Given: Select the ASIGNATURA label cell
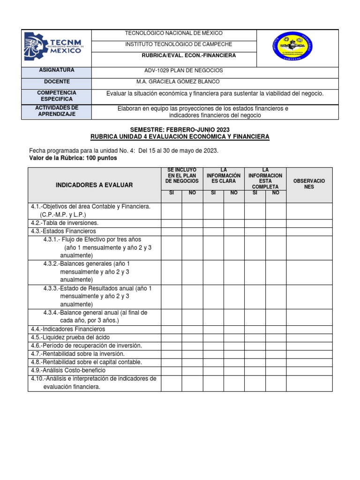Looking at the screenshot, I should pyautogui.click(x=56, y=70).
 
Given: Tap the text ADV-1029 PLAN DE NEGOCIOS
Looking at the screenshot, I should pyautogui.click(x=184, y=70).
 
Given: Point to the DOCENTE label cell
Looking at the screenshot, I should pyautogui.click(x=56, y=82).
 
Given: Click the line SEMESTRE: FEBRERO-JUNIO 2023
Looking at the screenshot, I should pyautogui.click(x=180, y=129).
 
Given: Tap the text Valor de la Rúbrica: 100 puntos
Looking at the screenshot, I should pyautogui.click(x=73, y=158).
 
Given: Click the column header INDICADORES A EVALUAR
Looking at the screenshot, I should pyautogui.click(x=94, y=185).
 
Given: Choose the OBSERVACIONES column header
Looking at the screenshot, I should pyautogui.click(x=309, y=184).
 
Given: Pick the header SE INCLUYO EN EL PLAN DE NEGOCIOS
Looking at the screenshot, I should pyautogui.click(x=182, y=175).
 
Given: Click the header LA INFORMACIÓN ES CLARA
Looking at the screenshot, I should pyautogui.click(x=224, y=175).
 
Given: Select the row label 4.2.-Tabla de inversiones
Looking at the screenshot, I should pyautogui.click(x=65, y=223).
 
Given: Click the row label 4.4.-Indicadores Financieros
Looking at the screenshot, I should pyautogui.click(x=68, y=329).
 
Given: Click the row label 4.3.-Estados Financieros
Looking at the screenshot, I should pyautogui.click(x=63, y=231).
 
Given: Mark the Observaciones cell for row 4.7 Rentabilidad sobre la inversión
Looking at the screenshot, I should pyautogui.click(x=309, y=354).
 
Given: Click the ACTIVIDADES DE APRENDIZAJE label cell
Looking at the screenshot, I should pyautogui.click(x=56, y=111).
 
